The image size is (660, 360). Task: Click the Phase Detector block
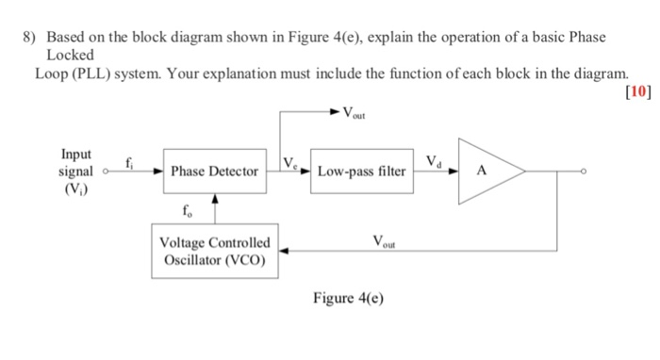[x=214, y=172]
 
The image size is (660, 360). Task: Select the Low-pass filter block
[x=361, y=172]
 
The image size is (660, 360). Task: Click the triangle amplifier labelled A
[x=486, y=172]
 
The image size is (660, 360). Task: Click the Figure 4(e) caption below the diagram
[x=350, y=299]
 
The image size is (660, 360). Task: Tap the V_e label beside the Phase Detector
[x=291, y=163]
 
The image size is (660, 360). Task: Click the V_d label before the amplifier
[x=434, y=161]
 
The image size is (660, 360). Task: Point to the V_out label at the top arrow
[x=355, y=115]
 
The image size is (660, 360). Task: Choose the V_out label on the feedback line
[x=387, y=241]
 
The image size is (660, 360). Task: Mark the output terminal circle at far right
[x=586, y=172]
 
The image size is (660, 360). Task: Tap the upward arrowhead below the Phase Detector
[x=216, y=199]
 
